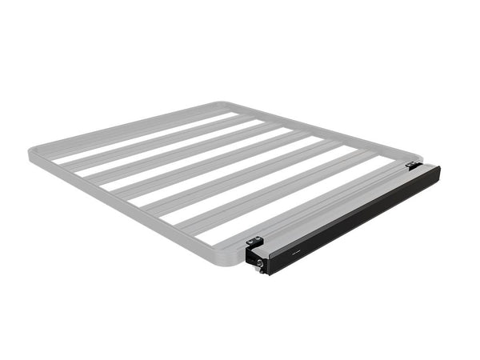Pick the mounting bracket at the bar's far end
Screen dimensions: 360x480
[413, 166]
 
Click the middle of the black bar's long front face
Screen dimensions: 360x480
[352, 219]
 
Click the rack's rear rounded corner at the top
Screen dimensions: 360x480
[214, 105]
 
